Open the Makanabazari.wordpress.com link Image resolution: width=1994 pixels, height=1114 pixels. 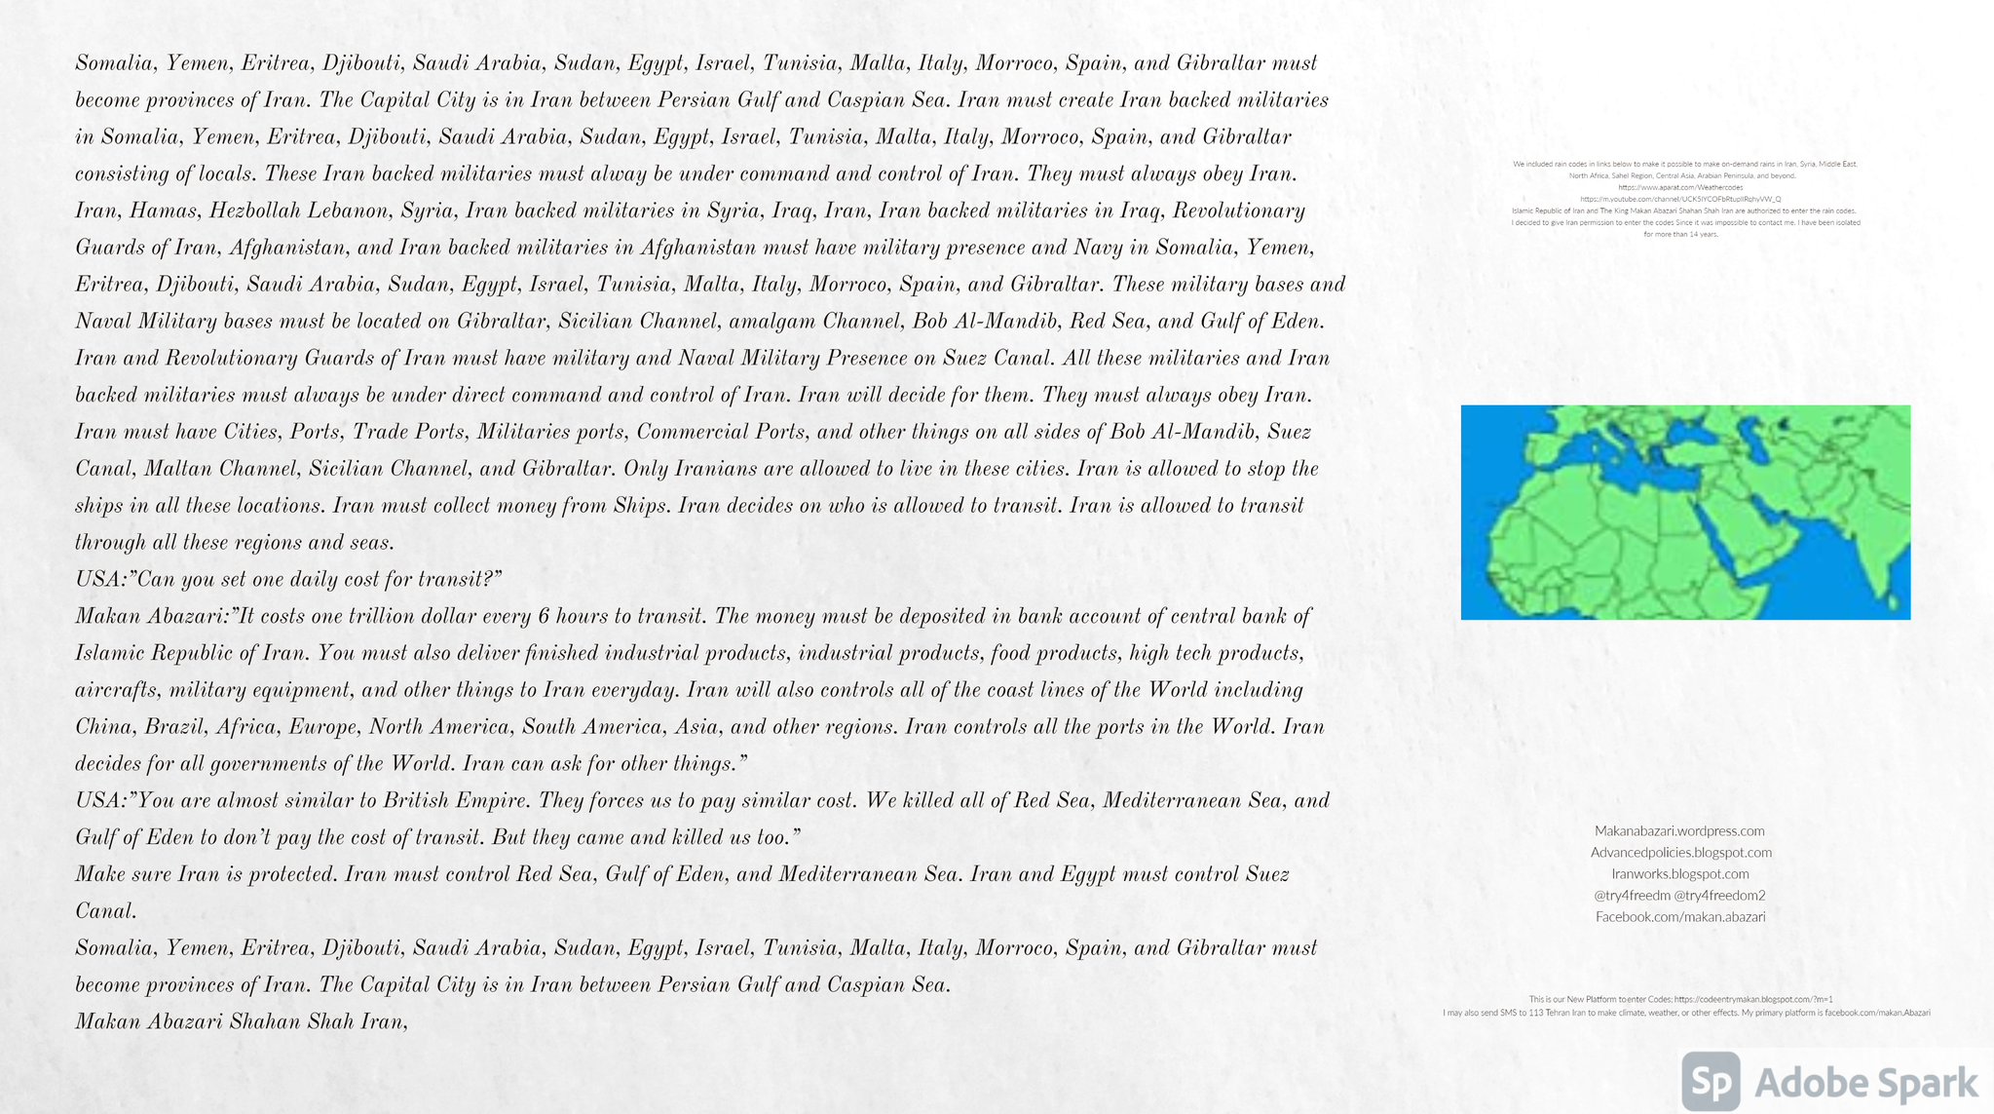(1679, 831)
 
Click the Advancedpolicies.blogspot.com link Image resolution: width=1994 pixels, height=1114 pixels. (1680, 853)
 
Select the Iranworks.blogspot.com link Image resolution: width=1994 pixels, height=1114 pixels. (1679, 874)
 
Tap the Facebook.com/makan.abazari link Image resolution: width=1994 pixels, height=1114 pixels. (1679, 917)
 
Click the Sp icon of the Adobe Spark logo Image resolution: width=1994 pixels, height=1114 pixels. (1712, 1082)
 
